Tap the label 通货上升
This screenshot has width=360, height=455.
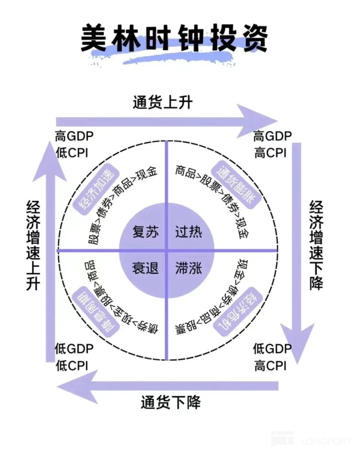162,102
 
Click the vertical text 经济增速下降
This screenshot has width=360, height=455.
317,245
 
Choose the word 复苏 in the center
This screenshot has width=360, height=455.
146,232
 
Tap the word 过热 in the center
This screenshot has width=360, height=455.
188,232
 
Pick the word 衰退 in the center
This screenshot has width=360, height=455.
146,267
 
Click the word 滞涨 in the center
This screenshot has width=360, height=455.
188,267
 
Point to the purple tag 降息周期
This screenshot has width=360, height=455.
93,308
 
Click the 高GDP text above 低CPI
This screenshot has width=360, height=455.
74,135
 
